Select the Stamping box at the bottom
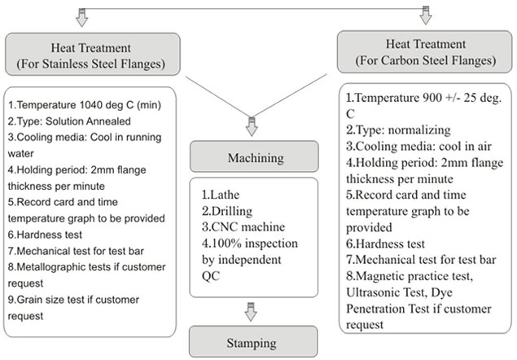[x=252, y=342]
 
